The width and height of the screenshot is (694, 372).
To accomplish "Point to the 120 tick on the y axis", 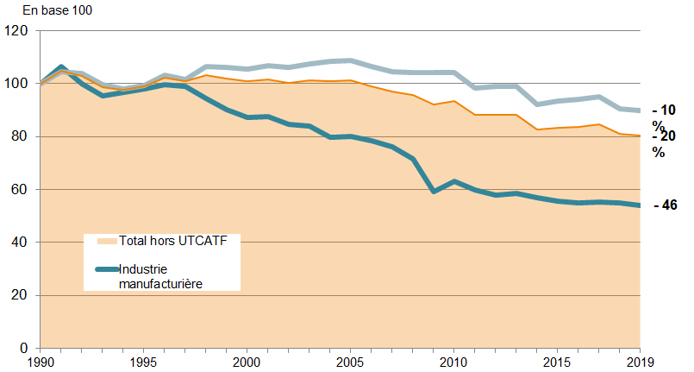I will pos(17,31).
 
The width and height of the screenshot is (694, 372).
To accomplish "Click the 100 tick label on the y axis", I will pos(17,84).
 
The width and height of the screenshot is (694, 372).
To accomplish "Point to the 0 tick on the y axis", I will pos(24,348).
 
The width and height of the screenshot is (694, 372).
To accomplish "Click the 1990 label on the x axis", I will pos(40,363).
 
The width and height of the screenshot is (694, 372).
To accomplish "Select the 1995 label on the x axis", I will pos(143,363).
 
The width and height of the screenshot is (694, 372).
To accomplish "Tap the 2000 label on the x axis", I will pos(247,363).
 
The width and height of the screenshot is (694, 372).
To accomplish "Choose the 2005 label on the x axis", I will pos(350,363).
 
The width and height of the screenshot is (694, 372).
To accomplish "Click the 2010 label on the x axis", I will pos(453,363).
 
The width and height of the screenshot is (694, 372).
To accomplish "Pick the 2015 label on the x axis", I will pos(557,363).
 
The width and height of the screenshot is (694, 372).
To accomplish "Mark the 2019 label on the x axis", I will pos(640,363).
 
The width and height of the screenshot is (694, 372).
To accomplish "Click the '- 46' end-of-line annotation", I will pos(665,205).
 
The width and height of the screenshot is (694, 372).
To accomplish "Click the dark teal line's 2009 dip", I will pos(433,191).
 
